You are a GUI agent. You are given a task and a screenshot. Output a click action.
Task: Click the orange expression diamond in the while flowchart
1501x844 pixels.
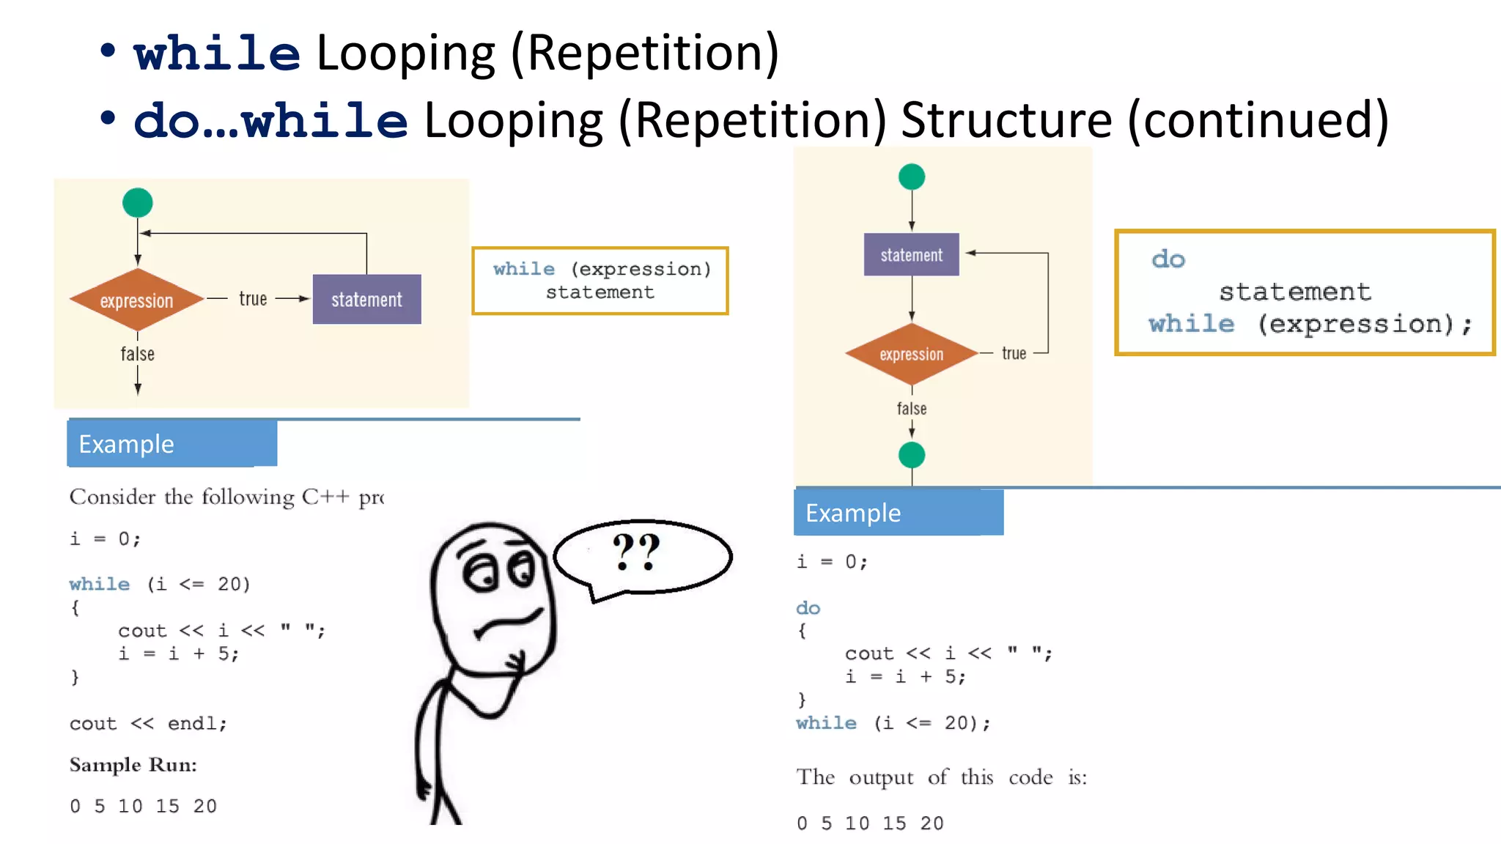point(136,300)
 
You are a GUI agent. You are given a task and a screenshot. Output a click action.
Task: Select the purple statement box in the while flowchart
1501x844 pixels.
point(366,299)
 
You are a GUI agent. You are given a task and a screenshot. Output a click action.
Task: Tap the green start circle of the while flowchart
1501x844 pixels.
point(138,203)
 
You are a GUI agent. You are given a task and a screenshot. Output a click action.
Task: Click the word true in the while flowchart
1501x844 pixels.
point(253,299)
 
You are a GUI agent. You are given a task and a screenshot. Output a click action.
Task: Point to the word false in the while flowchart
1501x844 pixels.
point(138,355)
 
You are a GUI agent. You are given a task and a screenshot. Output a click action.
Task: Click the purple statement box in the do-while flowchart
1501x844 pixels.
point(911,254)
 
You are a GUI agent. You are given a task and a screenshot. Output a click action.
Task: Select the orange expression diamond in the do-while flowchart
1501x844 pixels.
point(911,355)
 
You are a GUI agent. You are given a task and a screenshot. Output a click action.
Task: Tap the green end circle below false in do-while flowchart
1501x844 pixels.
point(912,455)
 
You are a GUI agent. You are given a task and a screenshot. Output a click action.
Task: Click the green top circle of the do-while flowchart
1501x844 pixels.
point(912,177)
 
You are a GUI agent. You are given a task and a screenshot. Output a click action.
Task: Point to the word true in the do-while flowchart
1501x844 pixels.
point(1014,354)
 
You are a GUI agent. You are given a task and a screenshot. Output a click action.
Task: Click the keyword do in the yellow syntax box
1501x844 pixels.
point(1168,259)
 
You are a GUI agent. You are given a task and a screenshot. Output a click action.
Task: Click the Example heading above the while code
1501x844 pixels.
point(127,444)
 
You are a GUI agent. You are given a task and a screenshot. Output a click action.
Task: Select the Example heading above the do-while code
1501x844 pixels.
point(853,513)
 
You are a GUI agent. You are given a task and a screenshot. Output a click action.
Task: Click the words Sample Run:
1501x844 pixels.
point(133,765)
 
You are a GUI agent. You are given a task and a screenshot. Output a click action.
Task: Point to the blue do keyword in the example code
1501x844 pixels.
point(808,608)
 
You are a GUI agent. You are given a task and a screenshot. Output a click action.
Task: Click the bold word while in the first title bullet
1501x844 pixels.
point(217,53)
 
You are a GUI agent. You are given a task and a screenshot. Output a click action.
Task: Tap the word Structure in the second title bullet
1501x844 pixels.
point(1006,120)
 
